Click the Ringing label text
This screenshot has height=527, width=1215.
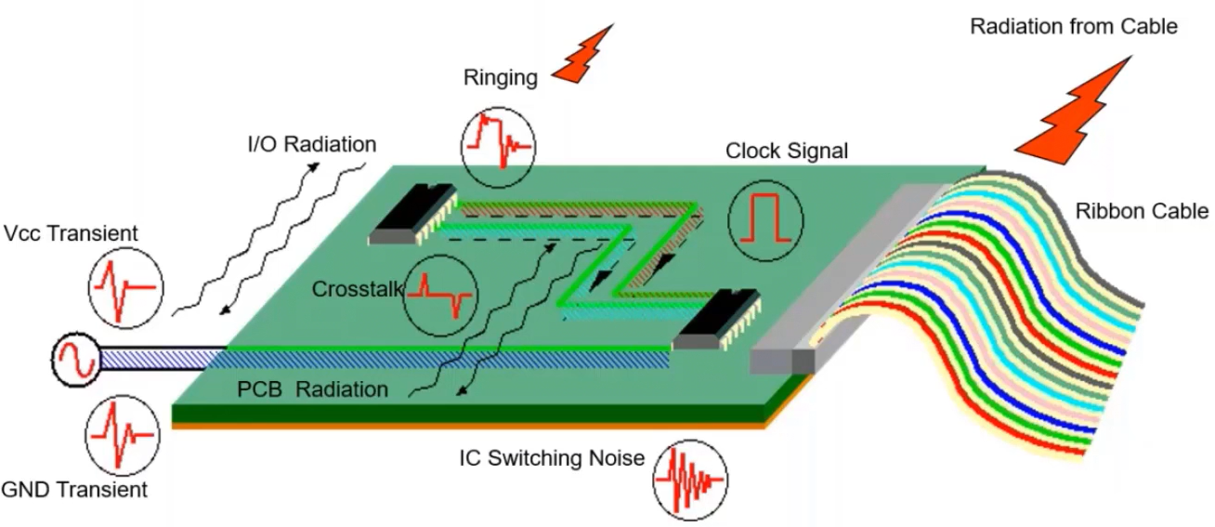pyautogui.click(x=500, y=77)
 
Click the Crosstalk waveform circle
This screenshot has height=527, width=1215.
pyautogui.click(x=441, y=295)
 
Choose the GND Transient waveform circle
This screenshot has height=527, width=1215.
pyautogui.click(x=122, y=435)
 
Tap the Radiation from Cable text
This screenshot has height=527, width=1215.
pyautogui.click(x=1073, y=26)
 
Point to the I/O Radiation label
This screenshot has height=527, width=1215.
pyautogui.click(x=311, y=144)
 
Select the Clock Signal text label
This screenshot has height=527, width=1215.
pyautogui.click(x=787, y=151)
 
